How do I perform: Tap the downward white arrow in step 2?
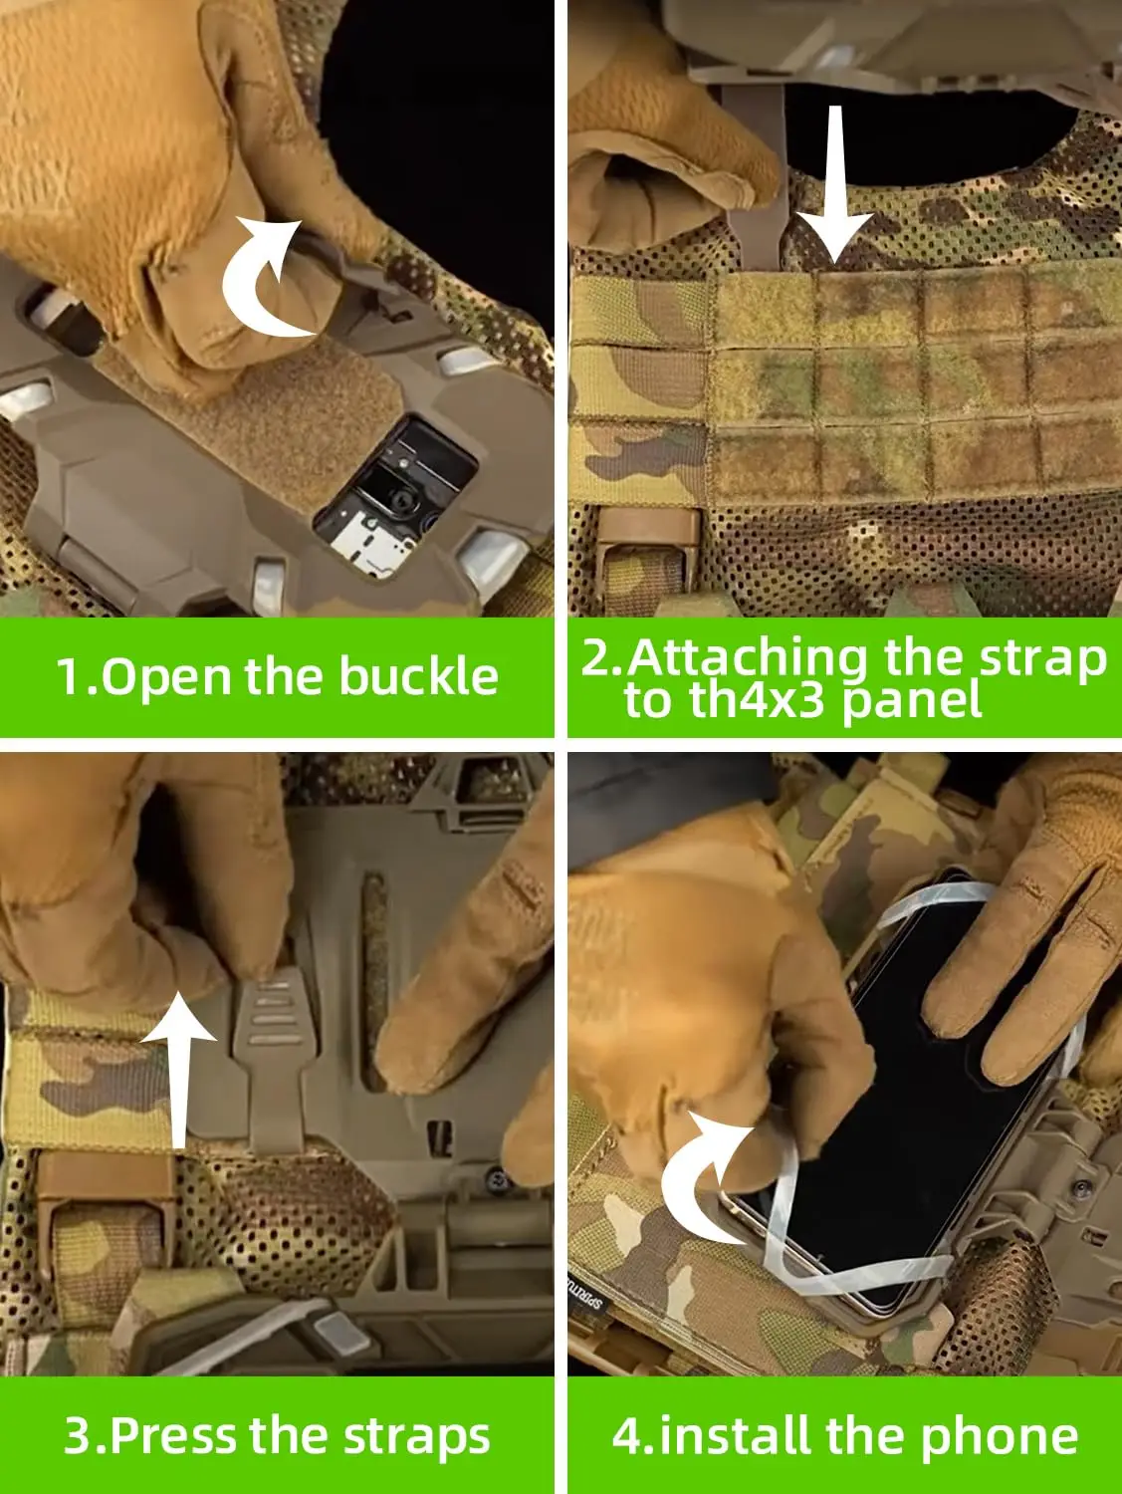(835, 185)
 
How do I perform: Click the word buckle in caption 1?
(418, 677)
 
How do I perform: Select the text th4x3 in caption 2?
(758, 701)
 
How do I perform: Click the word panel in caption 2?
(912, 701)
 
